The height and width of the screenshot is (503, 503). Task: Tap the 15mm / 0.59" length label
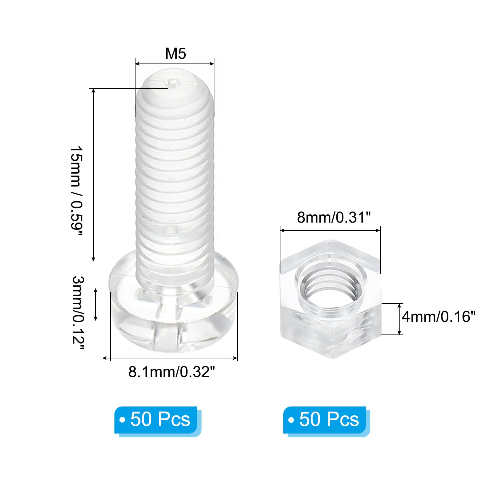coord(76,191)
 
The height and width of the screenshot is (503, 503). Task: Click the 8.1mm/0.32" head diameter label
coord(172,372)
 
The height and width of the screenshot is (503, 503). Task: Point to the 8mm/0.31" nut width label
coord(334,217)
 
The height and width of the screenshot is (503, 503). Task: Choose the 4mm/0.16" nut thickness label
coord(439,316)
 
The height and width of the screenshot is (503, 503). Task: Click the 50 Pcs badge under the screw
coord(156,420)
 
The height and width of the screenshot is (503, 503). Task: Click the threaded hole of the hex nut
coord(330,288)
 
